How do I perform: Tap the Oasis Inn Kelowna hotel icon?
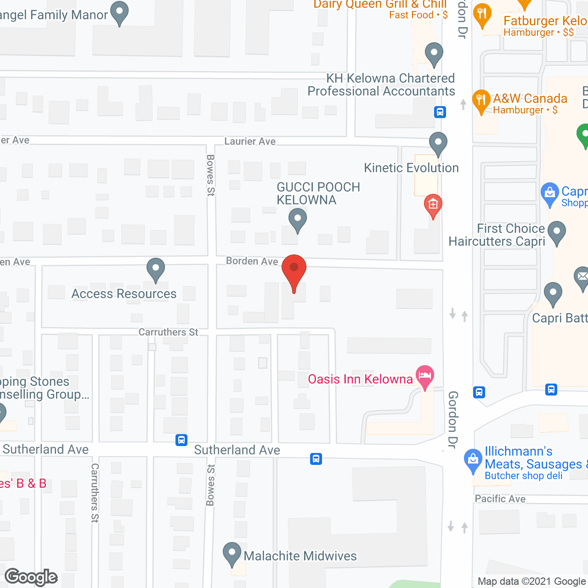click(x=425, y=376)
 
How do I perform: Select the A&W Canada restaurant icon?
click(x=481, y=101)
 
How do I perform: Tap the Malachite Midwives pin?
click(x=232, y=554)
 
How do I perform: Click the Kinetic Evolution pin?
click(x=438, y=143)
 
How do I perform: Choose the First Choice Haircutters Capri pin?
click(x=557, y=232)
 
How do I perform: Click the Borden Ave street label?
click(x=252, y=261)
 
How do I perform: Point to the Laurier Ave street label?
click(x=250, y=141)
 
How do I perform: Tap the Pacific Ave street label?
click(x=500, y=499)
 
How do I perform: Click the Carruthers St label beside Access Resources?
click(x=168, y=332)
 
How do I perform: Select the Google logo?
click(x=31, y=577)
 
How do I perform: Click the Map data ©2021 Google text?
click(x=532, y=581)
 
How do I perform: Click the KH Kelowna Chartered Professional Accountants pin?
click(x=434, y=54)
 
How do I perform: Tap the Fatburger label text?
click(x=545, y=21)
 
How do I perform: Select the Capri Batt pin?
click(x=553, y=294)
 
